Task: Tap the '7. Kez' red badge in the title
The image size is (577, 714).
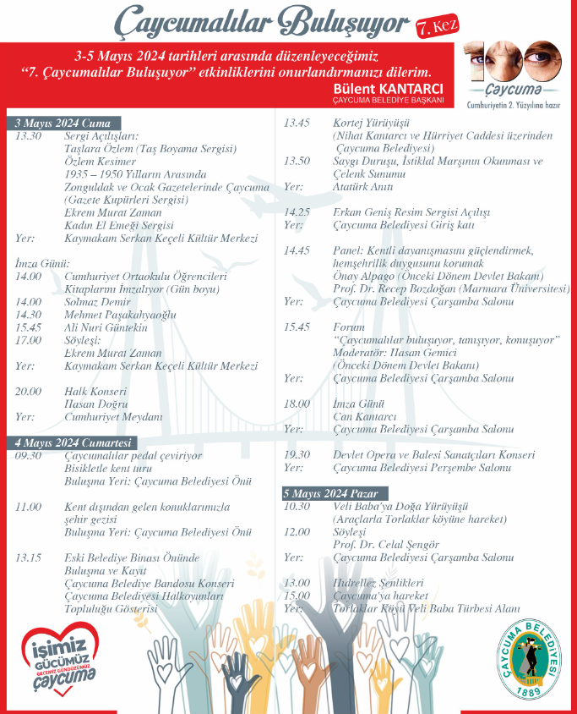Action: point(437,27)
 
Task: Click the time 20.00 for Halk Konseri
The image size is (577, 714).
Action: point(28,392)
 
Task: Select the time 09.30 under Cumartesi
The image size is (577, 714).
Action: point(28,456)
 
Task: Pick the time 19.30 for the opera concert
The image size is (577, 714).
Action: point(297,455)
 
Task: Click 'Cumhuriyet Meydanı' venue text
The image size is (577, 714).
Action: point(113,417)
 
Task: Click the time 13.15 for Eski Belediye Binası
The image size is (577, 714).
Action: point(28,557)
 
